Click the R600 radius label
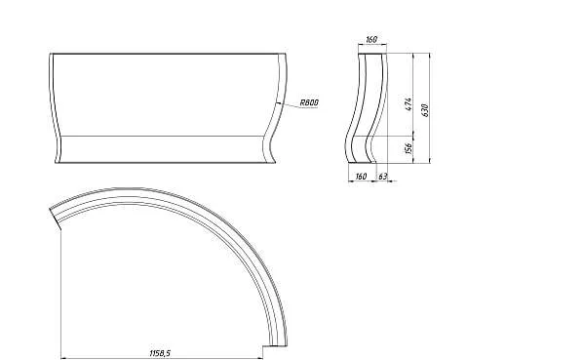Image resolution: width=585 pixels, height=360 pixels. point(309,102)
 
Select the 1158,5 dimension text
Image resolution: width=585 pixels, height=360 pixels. point(160,353)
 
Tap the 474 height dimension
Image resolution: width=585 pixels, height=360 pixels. point(409,103)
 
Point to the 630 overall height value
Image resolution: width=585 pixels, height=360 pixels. point(425,110)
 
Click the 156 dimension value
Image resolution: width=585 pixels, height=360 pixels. point(409,148)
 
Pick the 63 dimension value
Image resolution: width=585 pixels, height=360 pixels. point(383,177)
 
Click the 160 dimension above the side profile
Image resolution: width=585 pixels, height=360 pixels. point(371,39)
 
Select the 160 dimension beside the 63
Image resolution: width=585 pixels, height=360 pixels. point(361,177)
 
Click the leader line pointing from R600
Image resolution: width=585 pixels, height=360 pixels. point(297,106)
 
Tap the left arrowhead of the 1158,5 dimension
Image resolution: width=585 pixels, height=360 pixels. point(63,358)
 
